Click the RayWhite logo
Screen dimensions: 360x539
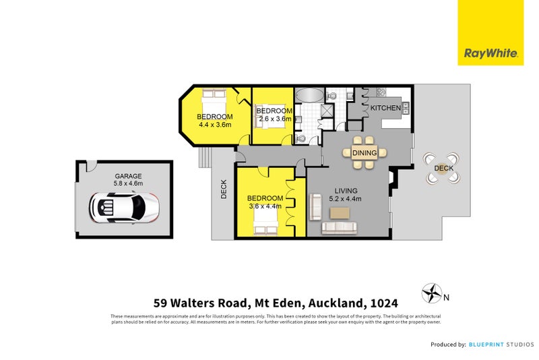(490, 53)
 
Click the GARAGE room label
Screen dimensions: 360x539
(128, 176)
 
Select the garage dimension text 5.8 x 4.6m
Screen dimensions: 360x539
(128, 184)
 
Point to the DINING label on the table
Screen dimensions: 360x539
(364, 154)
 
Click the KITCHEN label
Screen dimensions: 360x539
(385, 108)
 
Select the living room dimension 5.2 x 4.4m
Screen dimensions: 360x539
(345, 199)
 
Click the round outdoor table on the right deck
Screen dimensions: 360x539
(443, 169)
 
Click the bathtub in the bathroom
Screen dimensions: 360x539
(309, 95)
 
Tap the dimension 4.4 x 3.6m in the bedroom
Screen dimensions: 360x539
(214, 125)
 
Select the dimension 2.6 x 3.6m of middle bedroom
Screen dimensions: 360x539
(275, 119)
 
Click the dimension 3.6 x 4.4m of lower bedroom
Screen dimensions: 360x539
(265, 206)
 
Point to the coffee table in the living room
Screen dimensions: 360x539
(340, 212)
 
